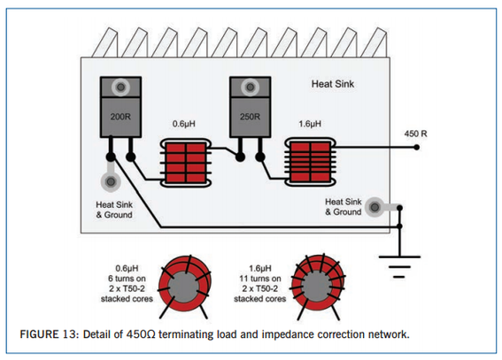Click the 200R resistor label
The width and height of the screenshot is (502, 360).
pyautogui.click(x=120, y=117)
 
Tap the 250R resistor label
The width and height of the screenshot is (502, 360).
pyautogui.click(x=250, y=117)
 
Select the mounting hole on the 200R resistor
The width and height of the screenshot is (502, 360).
pyautogui.click(x=120, y=87)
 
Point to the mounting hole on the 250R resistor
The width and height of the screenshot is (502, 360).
pyautogui.click(x=251, y=87)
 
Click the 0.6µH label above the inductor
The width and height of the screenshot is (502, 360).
pyautogui.click(x=184, y=124)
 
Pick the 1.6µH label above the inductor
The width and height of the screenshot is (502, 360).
pyautogui.click(x=310, y=124)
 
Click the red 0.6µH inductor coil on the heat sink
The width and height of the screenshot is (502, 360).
pyautogui.click(x=186, y=163)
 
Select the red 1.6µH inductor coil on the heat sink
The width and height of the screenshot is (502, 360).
pyautogui.click(x=310, y=162)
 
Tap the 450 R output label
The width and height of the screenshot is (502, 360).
pyautogui.click(x=415, y=134)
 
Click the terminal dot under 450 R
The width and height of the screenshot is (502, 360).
pyautogui.click(x=416, y=148)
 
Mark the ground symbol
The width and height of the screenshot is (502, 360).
pyautogui.click(x=399, y=266)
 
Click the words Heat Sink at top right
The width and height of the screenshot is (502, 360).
pyautogui.click(x=333, y=84)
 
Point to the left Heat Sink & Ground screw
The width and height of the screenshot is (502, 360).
pyautogui.click(x=111, y=182)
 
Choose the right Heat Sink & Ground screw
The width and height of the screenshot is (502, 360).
pyautogui.click(x=375, y=208)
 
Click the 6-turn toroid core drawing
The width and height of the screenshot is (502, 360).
pyautogui.click(x=184, y=287)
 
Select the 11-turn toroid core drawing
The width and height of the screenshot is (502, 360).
pyautogui.click(x=318, y=287)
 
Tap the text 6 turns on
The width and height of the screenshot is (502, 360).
pyautogui.click(x=127, y=279)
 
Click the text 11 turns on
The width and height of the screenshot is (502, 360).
pyautogui.click(x=260, y=279)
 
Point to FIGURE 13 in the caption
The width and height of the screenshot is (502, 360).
pyautogui.click(x=49, y=334)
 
